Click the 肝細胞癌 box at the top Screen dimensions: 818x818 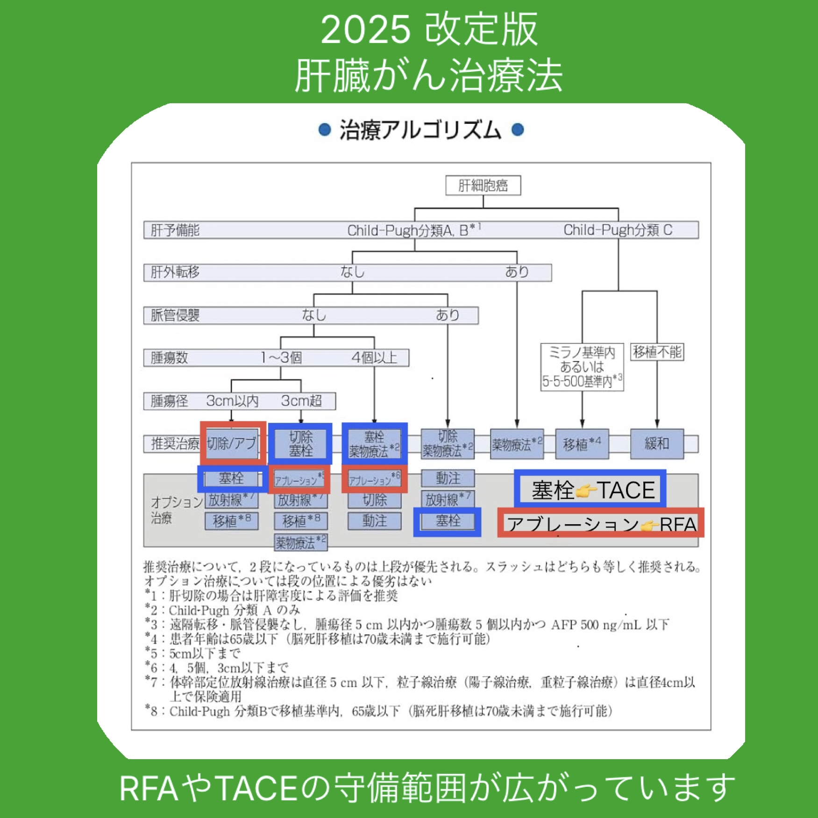(x=483, y=185)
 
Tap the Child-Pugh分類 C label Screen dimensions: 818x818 (x=618, y=230)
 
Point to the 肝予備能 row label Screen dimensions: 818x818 (x=175, y=230)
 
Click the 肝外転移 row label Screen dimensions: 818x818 (x=175, y=272)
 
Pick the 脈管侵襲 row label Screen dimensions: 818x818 (x=175, y=315)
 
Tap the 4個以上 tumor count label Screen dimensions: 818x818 (x=374, y=358)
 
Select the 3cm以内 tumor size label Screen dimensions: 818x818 (x=232, y=401)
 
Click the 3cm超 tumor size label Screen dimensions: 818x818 (x=301, y=401)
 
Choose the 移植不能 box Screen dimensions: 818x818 (x=657, y=352)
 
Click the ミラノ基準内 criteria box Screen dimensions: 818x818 (x=582, y=367)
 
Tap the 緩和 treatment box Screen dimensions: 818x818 (x=657, y=443)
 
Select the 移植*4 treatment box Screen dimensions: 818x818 (x=582, y=444)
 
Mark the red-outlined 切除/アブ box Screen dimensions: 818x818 (x=233, y=443)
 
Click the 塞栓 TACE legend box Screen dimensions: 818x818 (x=590, y=489)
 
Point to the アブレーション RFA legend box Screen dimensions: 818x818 (x=600, y=523)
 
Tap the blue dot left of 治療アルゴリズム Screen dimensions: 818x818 (x=324, y=129)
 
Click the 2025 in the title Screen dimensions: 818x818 (x=365, y=30)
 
